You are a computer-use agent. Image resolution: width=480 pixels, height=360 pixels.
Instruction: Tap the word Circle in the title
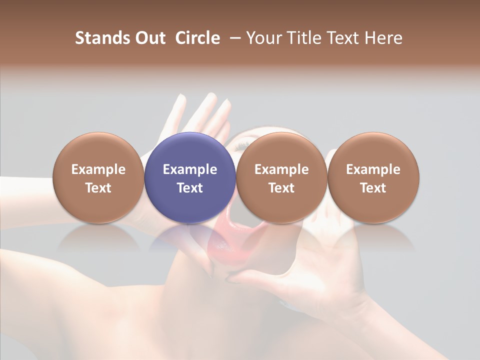coord(197,38)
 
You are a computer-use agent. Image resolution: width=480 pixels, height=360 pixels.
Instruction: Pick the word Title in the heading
coord(305,38)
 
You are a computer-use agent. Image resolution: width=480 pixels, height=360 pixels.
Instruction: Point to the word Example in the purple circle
coord(190,169)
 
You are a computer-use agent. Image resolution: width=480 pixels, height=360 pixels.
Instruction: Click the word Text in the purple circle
coord(190,188)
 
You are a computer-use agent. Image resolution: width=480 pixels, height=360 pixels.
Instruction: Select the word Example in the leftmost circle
coord(98,169)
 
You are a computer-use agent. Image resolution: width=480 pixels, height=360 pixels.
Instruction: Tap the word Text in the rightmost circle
coord(373,188)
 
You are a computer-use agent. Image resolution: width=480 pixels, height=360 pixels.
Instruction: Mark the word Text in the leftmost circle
coord(98,188)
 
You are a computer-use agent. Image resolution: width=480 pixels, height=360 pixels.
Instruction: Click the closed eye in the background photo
coord(242,144)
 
